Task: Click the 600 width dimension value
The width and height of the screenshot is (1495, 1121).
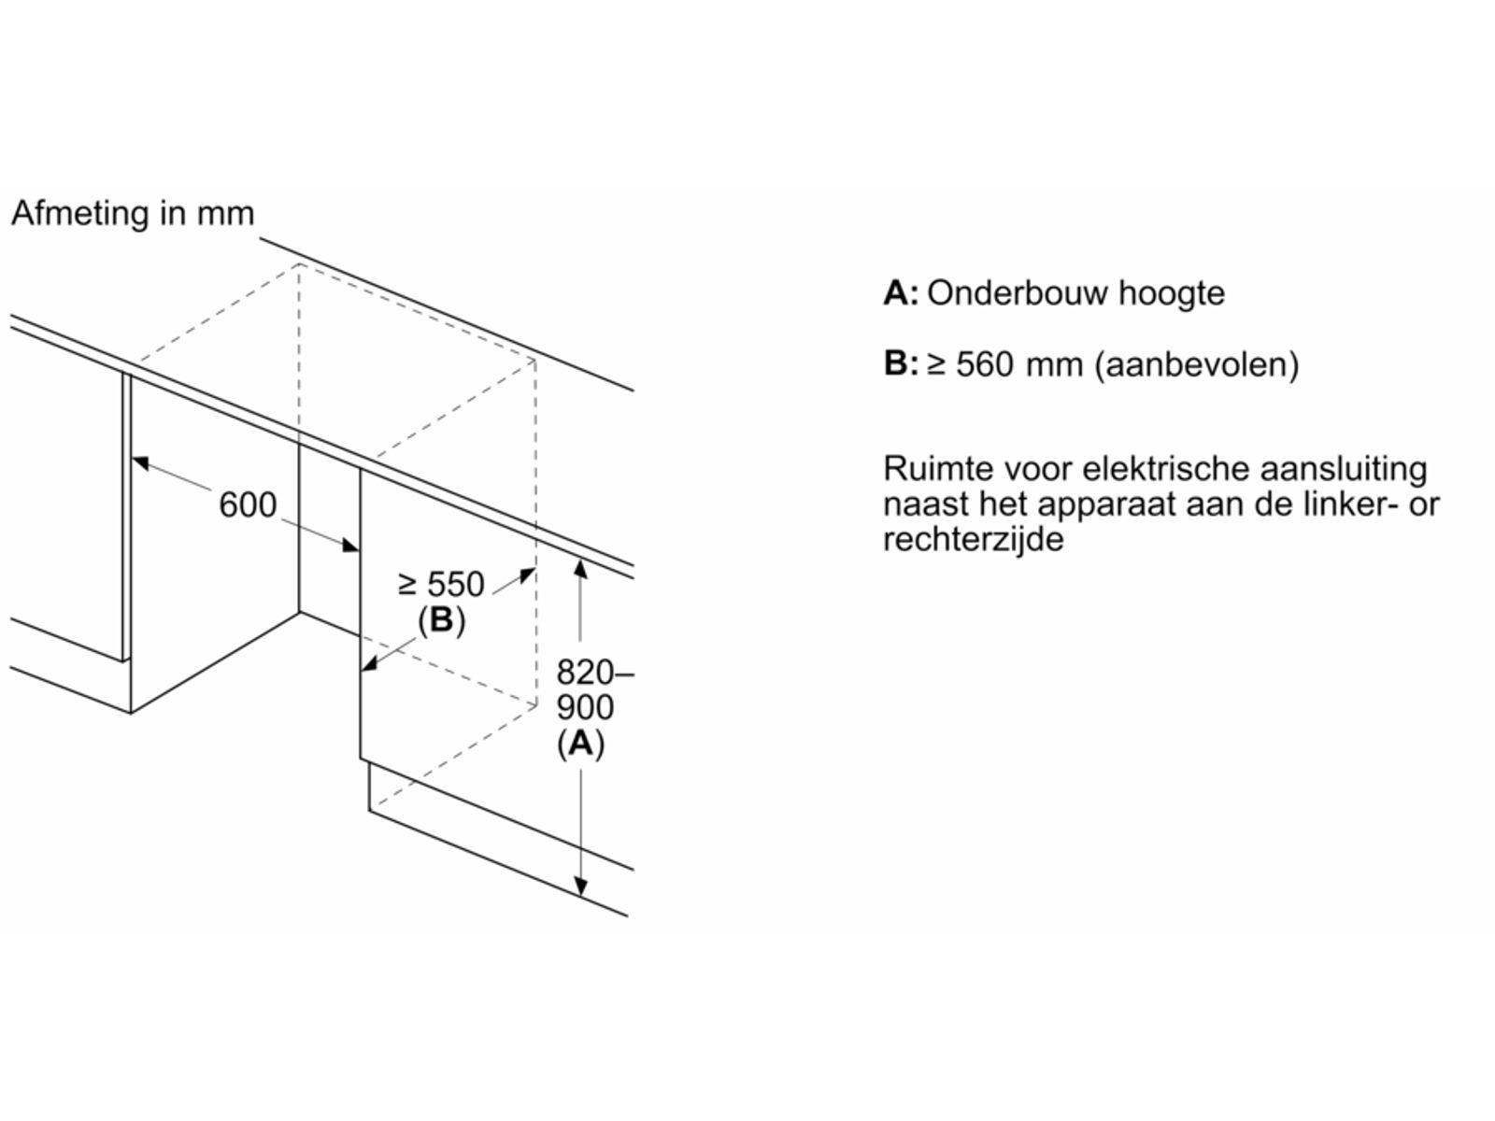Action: tap(248, 505)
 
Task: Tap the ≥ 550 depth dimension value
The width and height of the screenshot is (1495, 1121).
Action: tap(441, 585)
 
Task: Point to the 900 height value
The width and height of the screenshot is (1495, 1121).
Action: tap(585, 707)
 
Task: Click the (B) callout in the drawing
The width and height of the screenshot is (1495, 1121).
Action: tap(441, 620)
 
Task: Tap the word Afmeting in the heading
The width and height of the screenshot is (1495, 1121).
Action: tap(80, 214)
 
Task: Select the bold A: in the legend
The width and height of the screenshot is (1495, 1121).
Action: tap(901, 293)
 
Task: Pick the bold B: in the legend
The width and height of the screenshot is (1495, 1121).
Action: tap(901, 363)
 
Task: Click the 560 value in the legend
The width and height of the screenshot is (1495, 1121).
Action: tap(984, 363)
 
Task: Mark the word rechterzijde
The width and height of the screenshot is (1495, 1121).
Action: tap(973, 539)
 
